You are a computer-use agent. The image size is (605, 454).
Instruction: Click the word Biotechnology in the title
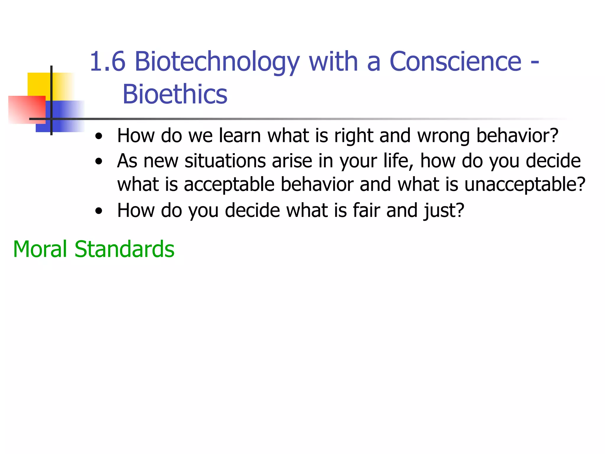[x=217, y=62]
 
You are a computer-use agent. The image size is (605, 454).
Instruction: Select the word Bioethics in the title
[x=175, y=94]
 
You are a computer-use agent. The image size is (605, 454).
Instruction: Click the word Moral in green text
[x=40, y=249]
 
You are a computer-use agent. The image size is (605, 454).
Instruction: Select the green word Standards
[x=124, y=249]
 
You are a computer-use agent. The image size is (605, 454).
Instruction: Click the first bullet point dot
[x=99, y=137]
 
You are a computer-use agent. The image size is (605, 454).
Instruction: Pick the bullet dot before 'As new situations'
[x=99, y=162]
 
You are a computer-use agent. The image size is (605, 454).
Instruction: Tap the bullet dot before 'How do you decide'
[x=99, y=211]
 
